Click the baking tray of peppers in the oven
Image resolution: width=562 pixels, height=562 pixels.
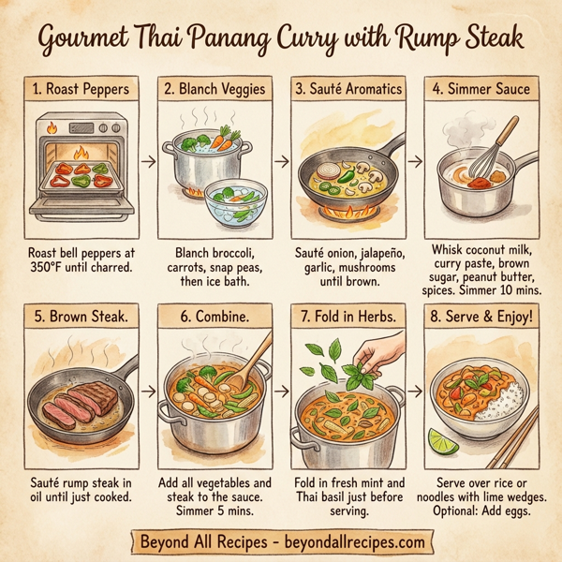click(x=79, y=178)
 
